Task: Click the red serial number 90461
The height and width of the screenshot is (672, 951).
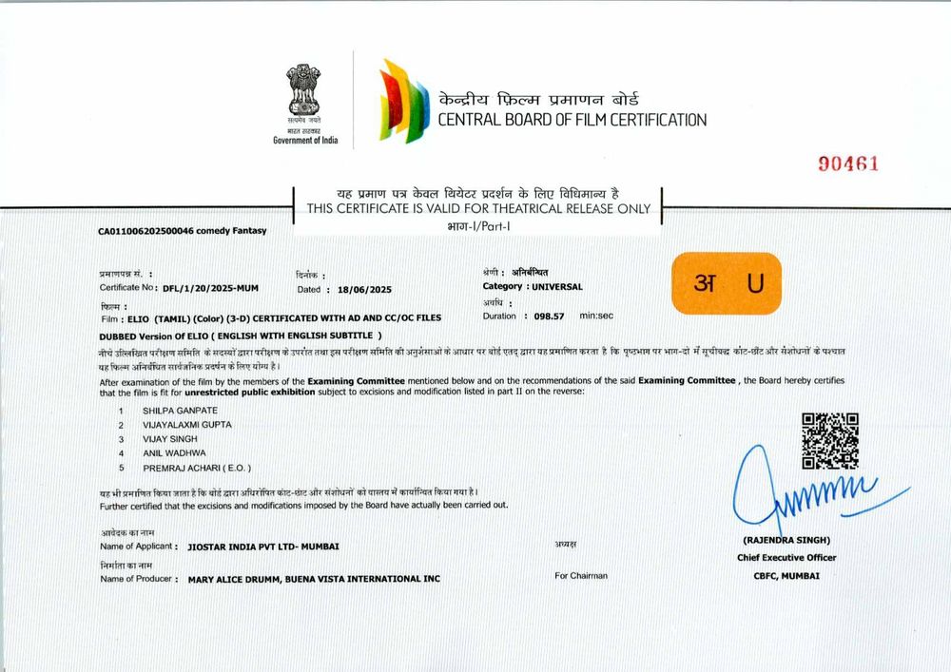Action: [849, 163]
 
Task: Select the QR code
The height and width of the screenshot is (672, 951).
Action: [829, 441]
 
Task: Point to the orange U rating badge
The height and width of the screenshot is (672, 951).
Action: [726, 283]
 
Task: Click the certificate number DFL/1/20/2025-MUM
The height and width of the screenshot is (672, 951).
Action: [210, 287]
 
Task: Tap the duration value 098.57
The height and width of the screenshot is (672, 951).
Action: [549, 316]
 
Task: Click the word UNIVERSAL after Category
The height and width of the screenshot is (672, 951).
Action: [557, 286]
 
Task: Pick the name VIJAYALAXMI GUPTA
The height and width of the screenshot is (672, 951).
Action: [186, 424]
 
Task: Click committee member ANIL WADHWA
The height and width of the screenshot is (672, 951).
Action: [174, 453]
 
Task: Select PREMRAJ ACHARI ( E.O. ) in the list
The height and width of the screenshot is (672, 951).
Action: [197, 469]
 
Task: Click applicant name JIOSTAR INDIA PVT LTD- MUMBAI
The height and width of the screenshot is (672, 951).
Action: [263, 547]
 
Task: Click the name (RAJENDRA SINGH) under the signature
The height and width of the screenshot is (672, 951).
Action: [786, 539]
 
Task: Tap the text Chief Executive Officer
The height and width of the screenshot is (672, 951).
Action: [786, 557]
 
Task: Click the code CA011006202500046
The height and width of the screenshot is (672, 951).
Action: [146, 230]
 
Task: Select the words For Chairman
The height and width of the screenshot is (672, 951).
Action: [581, 575]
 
